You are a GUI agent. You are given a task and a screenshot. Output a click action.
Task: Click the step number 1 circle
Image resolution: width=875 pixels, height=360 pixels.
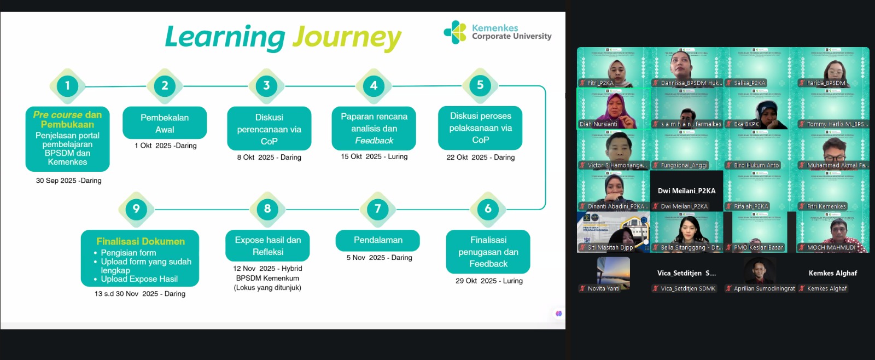point(67,86)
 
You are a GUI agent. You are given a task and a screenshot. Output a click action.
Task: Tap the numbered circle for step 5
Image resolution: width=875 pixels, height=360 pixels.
point(480,85)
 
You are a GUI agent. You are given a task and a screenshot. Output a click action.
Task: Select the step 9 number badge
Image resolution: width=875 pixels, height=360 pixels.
point(136,208)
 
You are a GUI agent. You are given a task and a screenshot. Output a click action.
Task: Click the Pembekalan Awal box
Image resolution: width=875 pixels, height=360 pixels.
point(165,123)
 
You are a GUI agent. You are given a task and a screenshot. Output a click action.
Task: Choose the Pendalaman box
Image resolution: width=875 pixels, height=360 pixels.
point(378,240)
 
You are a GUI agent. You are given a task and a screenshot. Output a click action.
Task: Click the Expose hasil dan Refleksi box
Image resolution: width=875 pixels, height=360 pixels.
point(267,246)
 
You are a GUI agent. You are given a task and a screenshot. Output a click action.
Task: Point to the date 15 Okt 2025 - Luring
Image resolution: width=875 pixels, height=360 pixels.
point(374,156)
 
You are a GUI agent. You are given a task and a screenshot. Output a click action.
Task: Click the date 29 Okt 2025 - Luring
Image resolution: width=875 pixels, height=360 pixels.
point(489,281)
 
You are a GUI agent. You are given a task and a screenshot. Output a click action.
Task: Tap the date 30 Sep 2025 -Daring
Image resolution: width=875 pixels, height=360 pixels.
point(68,181)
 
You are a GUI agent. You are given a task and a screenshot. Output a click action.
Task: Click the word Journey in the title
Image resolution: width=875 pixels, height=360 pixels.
point(347,37)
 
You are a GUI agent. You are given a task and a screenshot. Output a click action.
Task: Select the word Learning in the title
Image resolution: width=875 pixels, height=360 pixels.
point(225,37)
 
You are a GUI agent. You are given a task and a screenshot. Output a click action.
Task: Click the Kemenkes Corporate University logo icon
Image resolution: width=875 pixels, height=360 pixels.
point(454,32)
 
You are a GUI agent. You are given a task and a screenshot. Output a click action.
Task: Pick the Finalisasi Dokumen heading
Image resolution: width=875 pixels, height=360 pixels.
point(141,241)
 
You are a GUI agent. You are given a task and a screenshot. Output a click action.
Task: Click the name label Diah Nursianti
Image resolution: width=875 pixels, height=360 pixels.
point(598,124)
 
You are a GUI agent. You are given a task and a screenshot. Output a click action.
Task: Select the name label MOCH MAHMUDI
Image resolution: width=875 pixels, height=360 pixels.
point(831,247)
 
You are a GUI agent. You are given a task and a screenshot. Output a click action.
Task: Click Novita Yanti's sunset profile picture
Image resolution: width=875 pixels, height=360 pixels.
point(613,271)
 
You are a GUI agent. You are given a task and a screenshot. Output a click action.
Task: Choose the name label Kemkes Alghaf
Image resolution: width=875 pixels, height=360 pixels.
point(826,288)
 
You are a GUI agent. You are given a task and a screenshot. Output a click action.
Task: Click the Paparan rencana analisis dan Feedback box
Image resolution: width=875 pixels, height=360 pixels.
point(374,129)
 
